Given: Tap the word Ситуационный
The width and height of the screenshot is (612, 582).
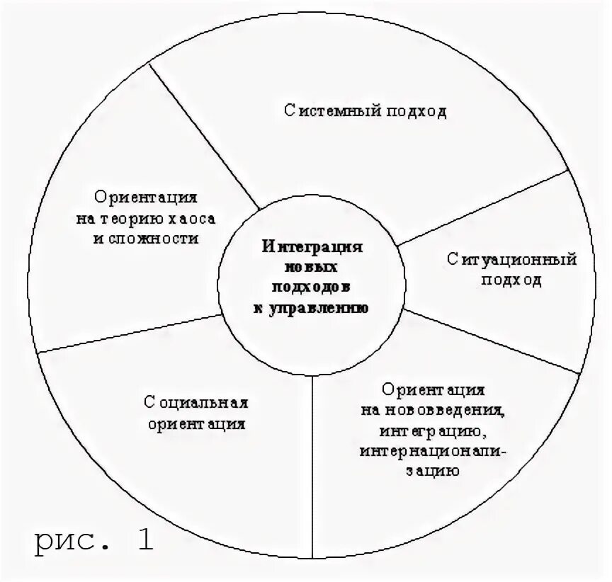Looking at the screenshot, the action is [512, 259].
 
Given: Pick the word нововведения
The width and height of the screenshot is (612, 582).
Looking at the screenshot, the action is [448, 411].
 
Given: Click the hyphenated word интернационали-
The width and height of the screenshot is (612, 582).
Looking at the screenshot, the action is [433, 451].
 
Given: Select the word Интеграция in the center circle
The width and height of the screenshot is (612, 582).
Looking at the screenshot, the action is [312, 247].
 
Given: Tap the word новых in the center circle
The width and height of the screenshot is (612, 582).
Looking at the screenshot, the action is [312, 268].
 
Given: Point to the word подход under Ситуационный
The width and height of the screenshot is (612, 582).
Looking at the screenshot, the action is [511, 280].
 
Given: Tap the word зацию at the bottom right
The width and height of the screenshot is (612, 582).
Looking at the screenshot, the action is [433, 471].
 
